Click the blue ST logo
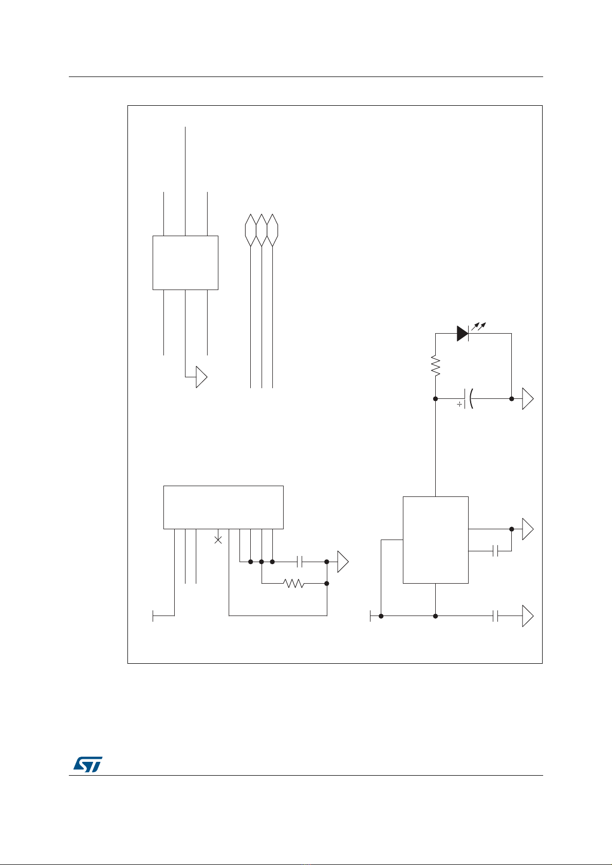tap(88, 764)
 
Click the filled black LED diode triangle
tap(462, 334)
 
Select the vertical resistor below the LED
tap(436, 366)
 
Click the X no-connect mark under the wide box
tap(218, 540)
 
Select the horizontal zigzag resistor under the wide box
tap(294, 584)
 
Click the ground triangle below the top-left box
tap(201, 377)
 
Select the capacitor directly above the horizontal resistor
tap(300, 562)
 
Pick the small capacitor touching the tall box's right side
tap(496, 551)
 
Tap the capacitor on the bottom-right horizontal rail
tap(495, 616)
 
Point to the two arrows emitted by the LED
tap(479, 325)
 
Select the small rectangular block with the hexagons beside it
tap(186, 263)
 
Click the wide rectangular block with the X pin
tap(223, 507)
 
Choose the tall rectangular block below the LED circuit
tap(435, 540)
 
